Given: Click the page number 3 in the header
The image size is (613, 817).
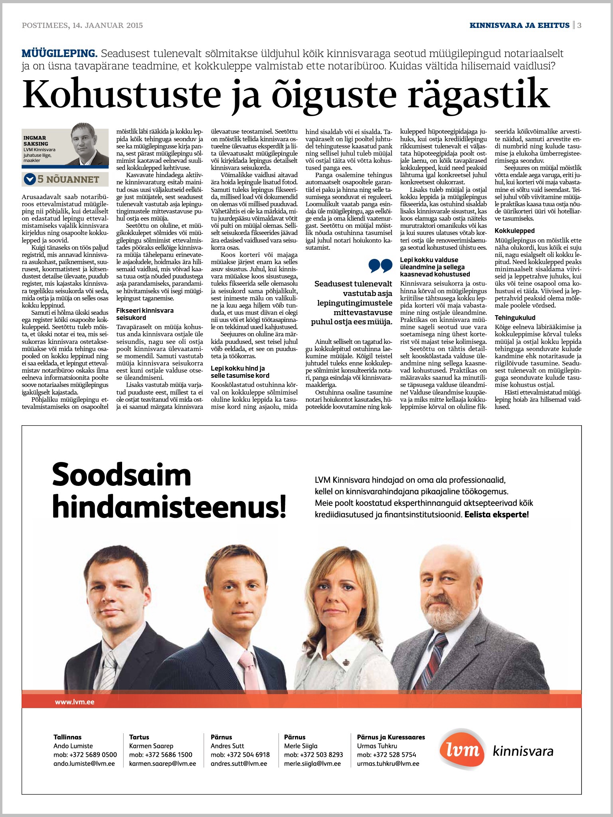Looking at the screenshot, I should (x=579, y=25).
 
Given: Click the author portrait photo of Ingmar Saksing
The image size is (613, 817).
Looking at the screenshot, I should (x=86, y=144).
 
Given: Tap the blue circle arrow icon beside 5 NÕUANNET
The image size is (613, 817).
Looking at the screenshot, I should (x=30, y=179).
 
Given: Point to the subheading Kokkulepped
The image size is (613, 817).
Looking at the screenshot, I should (x=514, y=231).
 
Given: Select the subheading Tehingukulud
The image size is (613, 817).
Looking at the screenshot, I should (x=515, y=318).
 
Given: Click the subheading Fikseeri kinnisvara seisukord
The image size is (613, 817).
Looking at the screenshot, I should (x=145, y=314).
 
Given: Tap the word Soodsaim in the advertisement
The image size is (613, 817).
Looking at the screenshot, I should (x=122, y=475).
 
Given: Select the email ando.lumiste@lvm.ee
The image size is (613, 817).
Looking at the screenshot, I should (x=84, y=764).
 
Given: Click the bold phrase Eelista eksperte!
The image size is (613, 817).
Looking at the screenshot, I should (x=496, y=515).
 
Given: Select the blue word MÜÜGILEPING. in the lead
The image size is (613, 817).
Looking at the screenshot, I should (x=59, y=53).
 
